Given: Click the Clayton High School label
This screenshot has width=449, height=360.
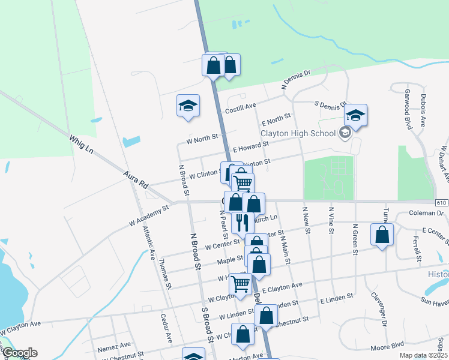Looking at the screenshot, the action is point(298,133).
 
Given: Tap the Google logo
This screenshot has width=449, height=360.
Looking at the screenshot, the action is point(19,353).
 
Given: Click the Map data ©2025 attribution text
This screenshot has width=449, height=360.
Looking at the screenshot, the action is point(424,355).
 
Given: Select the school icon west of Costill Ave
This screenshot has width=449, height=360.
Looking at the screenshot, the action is point(188,106).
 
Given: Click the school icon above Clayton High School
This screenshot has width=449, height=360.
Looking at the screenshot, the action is point(355,115).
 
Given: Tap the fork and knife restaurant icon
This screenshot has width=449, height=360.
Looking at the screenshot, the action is point(243,223).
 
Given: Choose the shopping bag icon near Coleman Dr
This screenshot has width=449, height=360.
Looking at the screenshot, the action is point(382,235).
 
